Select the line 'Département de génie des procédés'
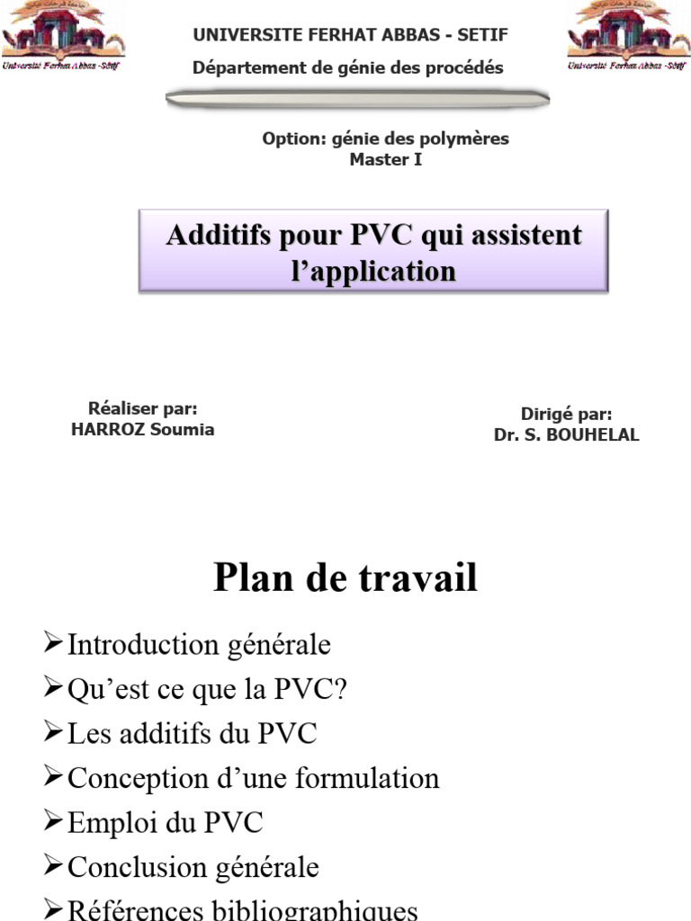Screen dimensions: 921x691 tap(348, 67)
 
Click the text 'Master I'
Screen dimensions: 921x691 tap(385, 160)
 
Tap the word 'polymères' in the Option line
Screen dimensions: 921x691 tap(470, 139)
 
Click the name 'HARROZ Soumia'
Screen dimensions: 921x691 tap(142, 429)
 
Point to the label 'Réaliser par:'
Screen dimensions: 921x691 tap(142, 409)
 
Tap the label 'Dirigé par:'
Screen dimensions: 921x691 tap(566, 415)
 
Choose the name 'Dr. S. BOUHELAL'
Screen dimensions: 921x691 tap(566, 434)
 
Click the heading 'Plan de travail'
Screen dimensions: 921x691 tap(345, 577)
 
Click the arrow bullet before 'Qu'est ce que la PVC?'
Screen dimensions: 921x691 tap(53, 688)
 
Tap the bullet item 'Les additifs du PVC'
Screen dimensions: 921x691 tap(192, 733)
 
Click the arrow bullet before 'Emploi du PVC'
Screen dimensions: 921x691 tap(53, 821)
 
